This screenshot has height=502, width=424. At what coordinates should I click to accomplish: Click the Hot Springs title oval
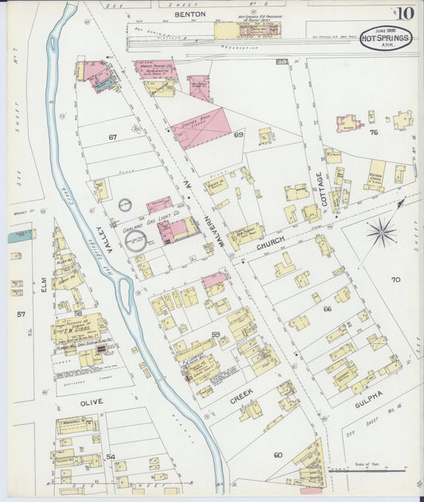pos(386,38)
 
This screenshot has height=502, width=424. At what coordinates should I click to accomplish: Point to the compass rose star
pos(382,233)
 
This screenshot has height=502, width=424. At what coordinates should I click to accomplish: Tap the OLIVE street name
pos(91,402)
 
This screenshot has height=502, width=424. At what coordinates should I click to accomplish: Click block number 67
pos(113,137)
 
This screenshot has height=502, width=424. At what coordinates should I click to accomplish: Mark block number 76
pos(373,132)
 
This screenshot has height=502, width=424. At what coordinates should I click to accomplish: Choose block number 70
pos(395,280)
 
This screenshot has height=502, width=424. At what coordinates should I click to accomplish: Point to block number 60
pos(278,454)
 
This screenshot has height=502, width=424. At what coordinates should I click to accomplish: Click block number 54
pos(111,457)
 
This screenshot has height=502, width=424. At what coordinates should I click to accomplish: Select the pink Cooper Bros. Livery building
pos(201,129)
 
